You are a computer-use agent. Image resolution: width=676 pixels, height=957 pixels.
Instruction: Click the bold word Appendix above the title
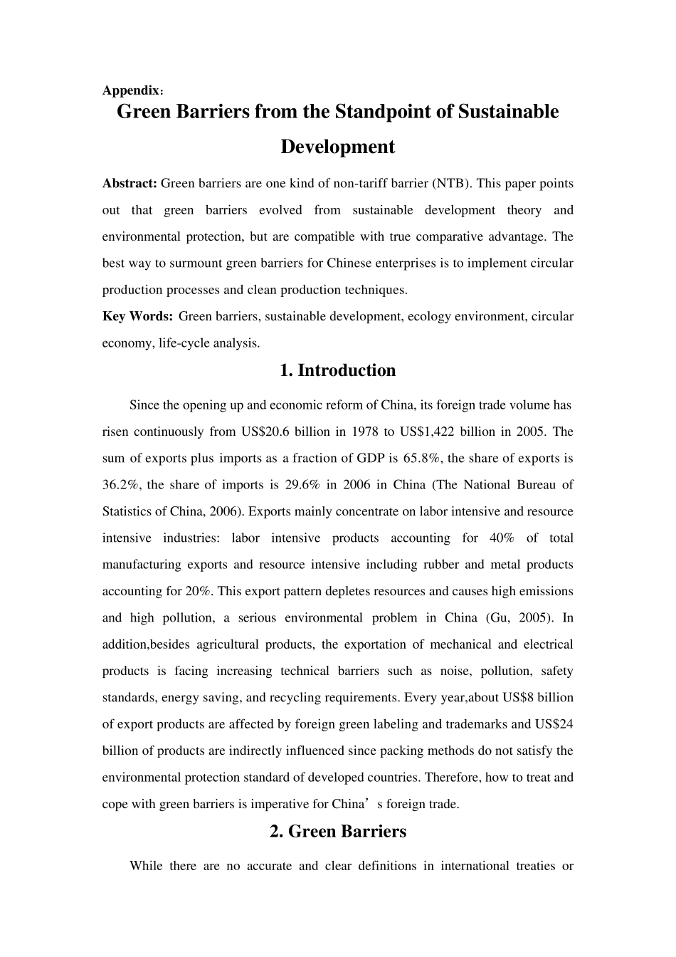coord(131,90)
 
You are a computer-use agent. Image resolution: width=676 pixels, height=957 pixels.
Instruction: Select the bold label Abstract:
coord(130,183)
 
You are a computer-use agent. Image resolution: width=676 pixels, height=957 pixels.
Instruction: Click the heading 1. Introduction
coord(337,370)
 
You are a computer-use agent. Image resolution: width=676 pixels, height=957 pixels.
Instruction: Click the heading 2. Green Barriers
coord(338,831)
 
